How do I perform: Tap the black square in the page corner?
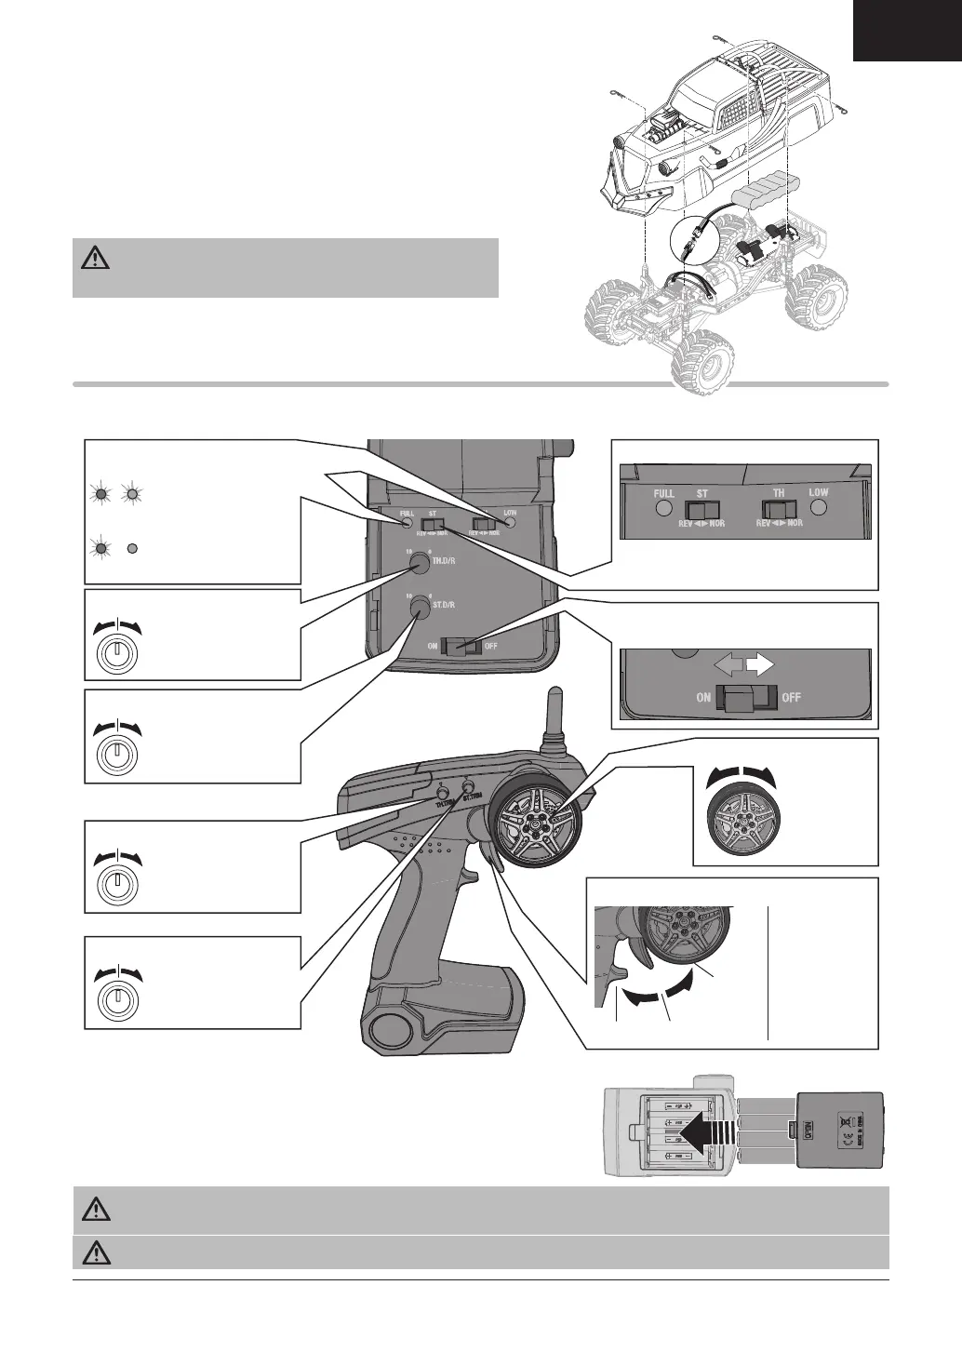point(907,31)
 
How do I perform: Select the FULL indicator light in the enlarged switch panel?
point(663,509)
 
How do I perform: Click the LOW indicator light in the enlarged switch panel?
point(819,509)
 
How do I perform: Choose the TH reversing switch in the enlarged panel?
point(780,510)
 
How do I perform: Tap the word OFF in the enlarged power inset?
point(792,698)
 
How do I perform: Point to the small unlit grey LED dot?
point(132,547)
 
